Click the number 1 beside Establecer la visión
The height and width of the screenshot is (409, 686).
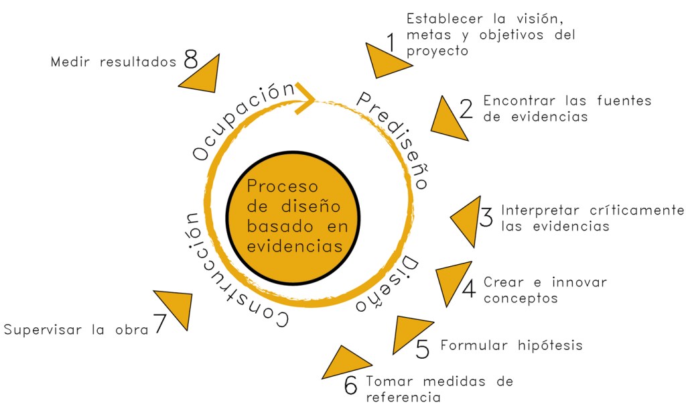click(x=391, y=43)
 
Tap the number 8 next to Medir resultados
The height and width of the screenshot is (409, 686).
click(x=190, y=60)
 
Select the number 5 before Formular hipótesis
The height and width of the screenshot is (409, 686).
click(x=422, y=349)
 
